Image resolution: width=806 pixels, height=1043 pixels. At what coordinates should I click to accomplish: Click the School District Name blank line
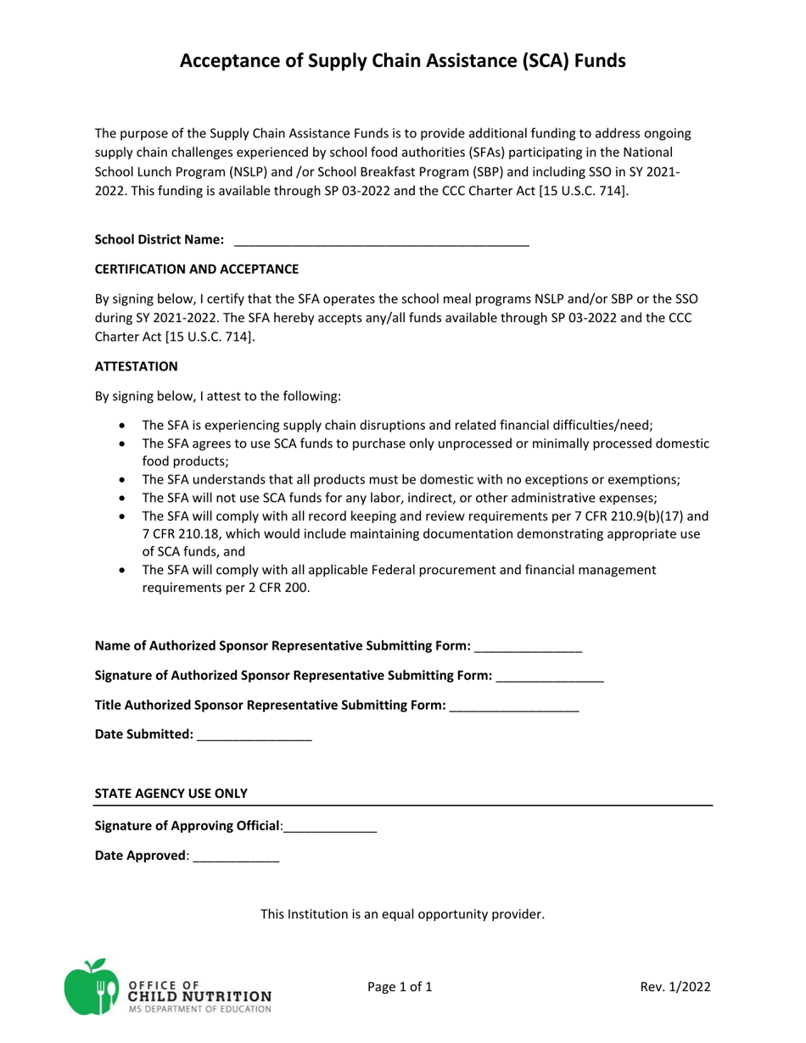381,241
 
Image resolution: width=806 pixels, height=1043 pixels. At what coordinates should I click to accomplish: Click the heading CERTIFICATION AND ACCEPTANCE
196,269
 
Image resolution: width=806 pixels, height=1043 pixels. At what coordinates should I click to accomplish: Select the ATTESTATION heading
136,366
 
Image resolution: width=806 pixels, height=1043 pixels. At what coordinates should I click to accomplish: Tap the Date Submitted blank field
254,735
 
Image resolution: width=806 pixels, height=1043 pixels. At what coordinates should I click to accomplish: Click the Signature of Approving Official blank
330,827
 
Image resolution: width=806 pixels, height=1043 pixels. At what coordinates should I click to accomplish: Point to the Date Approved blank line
236,856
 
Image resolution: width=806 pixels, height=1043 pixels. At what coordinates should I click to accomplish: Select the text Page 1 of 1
400,986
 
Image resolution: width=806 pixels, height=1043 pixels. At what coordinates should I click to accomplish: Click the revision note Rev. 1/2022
675,986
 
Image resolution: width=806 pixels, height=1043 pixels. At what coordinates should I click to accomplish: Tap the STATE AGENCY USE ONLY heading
171,794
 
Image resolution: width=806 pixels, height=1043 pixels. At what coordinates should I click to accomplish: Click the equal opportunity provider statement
402,914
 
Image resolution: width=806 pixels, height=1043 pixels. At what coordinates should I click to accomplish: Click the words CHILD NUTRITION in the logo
200,996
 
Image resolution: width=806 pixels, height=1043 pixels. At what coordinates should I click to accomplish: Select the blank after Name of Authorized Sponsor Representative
528,647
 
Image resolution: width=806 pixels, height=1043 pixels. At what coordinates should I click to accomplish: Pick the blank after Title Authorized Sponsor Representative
513,706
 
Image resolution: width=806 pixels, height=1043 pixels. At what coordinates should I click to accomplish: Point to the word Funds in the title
592,60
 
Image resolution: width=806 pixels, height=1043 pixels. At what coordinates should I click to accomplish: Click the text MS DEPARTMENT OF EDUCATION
200,1009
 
